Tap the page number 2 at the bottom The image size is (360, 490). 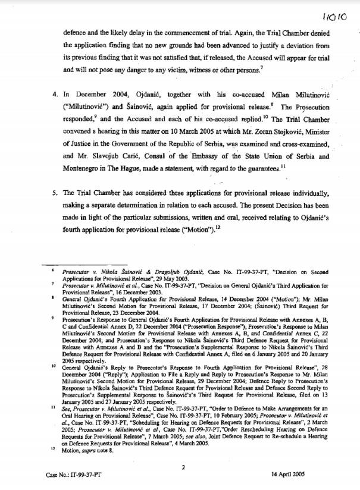(184, 467)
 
